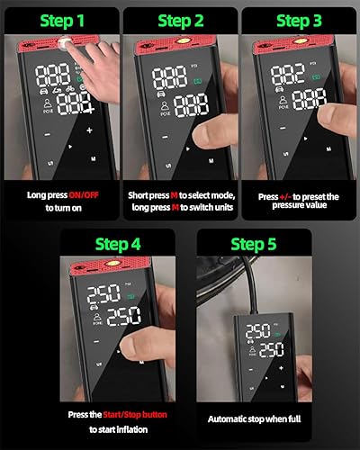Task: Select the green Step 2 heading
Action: click(x=180, y=20)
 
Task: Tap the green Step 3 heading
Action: click(x=300, y=20)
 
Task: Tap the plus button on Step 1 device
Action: click(x=89, y=130)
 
